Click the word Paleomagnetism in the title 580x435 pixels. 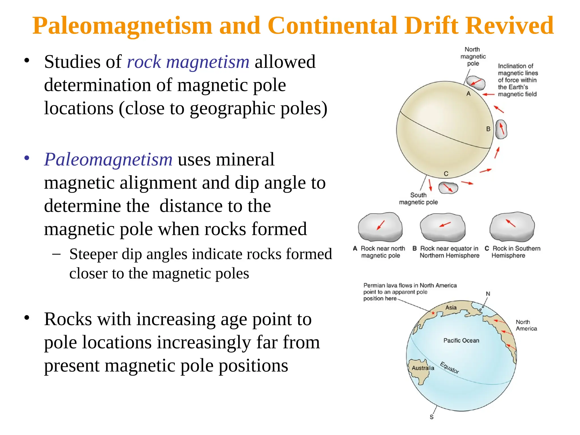coord(122,26)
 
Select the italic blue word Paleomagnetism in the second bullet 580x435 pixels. coord(108,159)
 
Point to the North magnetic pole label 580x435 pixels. coord(473,56)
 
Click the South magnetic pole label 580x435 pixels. coord(418,199)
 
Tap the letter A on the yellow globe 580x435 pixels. coord(468,94)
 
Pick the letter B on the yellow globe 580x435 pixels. coord(488,129)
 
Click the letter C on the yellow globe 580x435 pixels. coord(446,174)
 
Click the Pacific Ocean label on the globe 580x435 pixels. coord(461,340)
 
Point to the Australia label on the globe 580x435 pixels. coord(423,368)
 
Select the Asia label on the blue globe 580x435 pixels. coord(451,308)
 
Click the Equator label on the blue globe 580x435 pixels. coord(449,368)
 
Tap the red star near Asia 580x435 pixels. coord(433,313)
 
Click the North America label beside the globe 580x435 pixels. coord(526,325)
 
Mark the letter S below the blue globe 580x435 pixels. coord(432,417)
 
